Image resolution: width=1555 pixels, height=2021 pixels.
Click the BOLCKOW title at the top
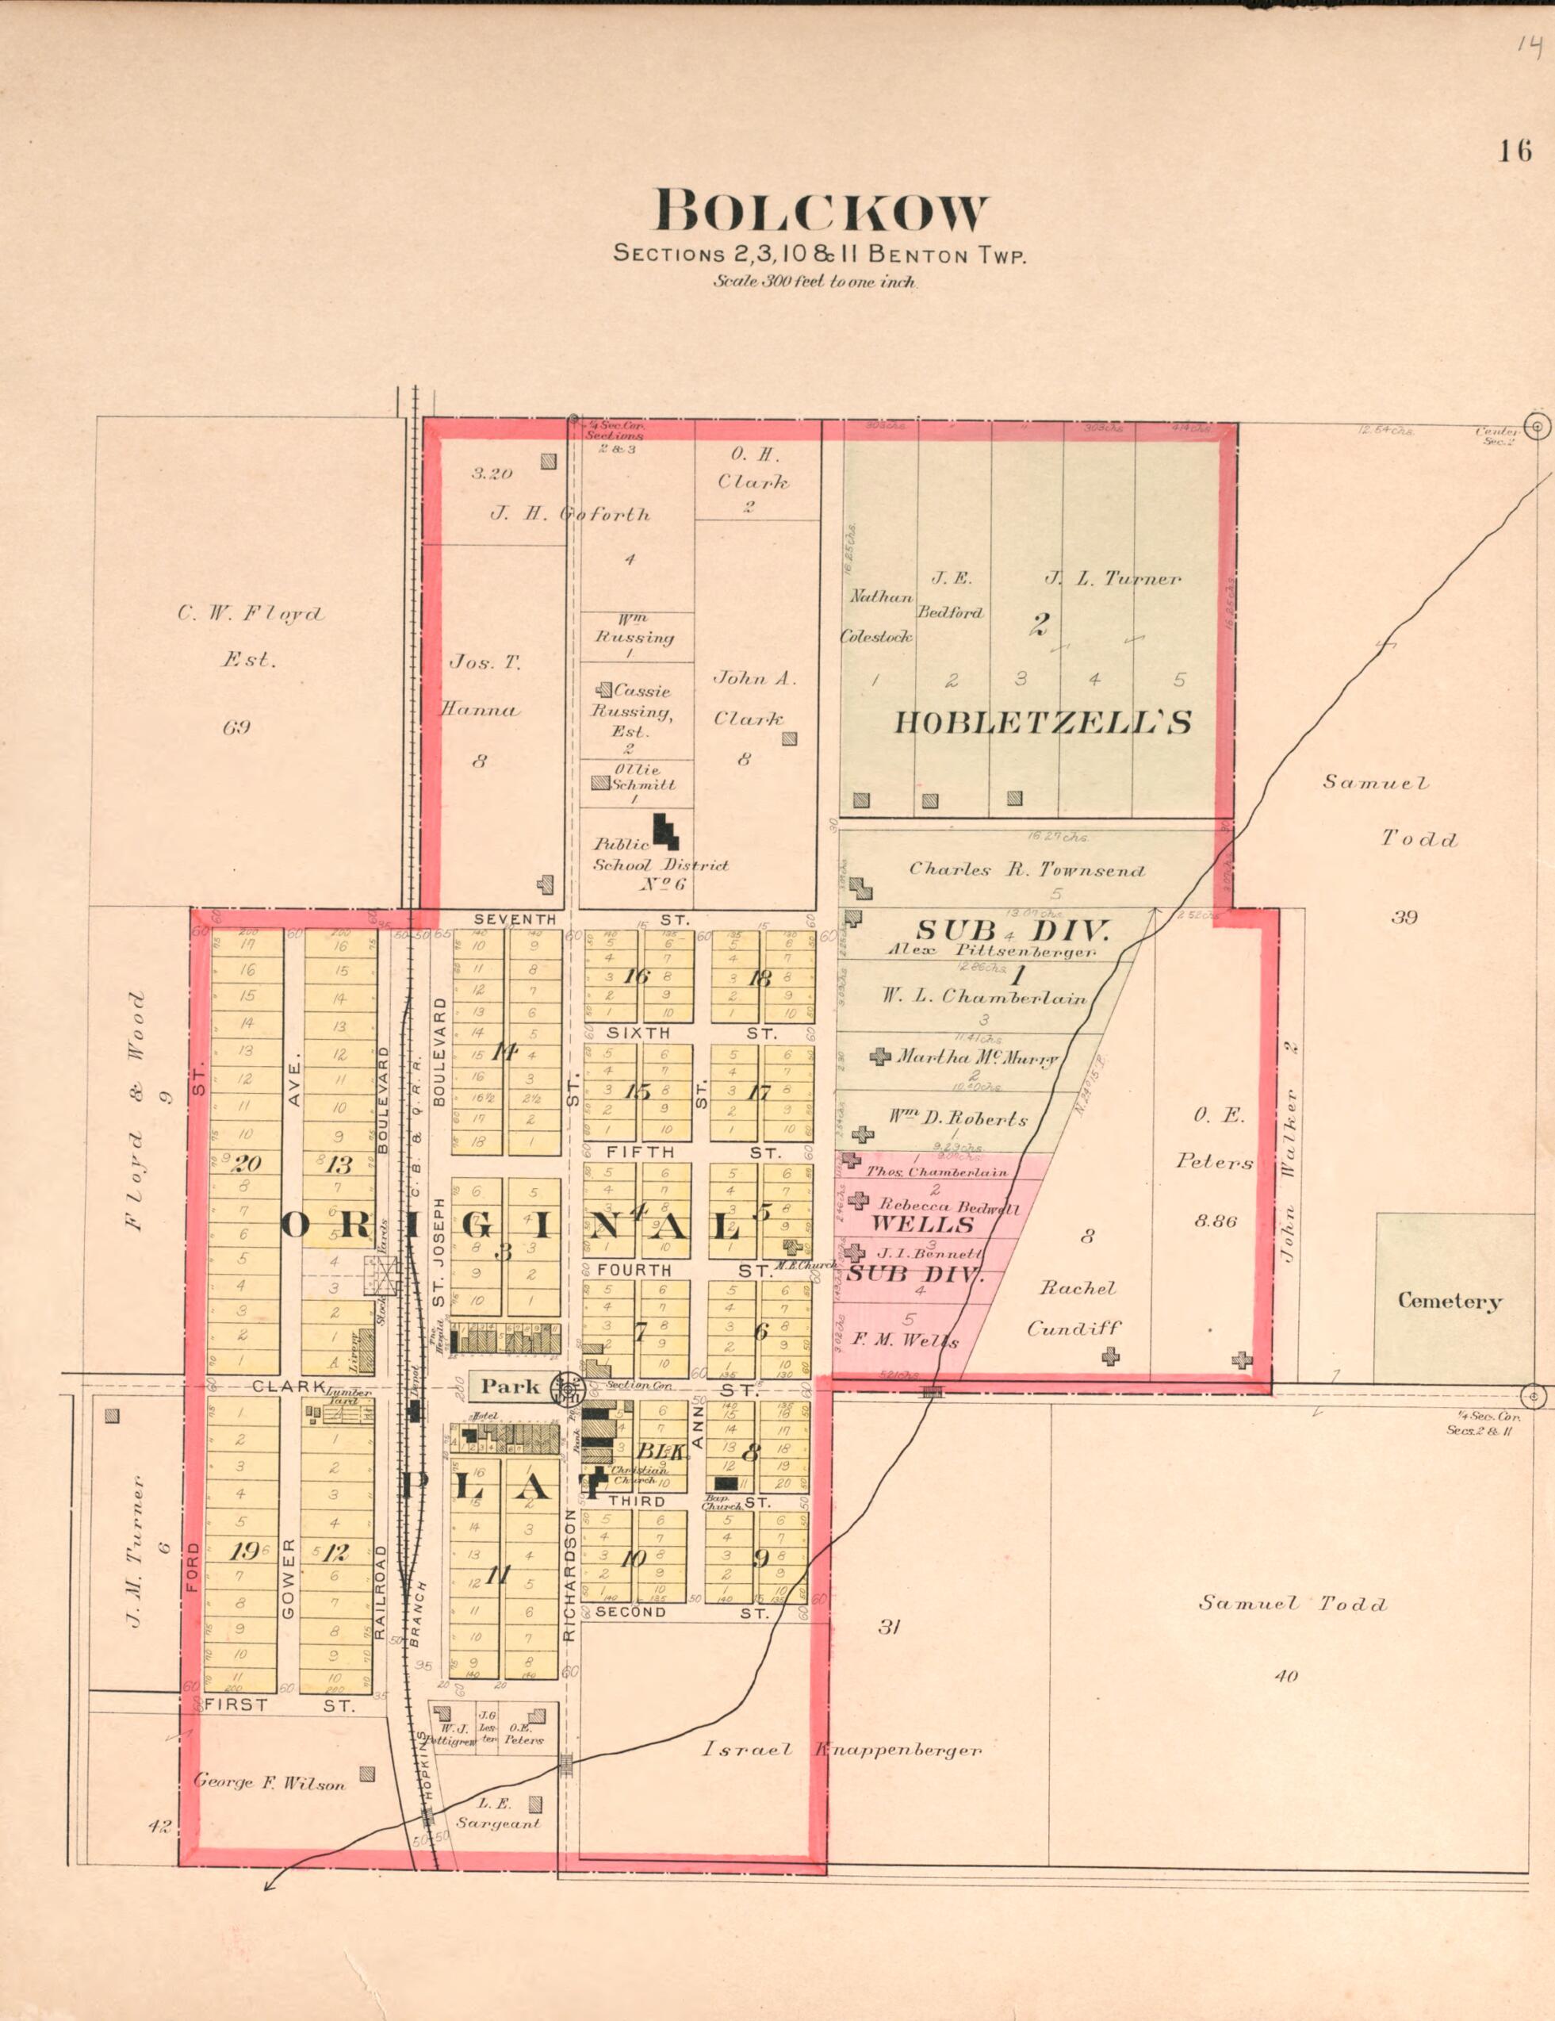821,212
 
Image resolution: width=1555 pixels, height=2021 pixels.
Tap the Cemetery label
1449,1301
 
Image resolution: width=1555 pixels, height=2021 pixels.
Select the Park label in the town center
510,1385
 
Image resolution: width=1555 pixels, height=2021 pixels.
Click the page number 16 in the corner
1515,150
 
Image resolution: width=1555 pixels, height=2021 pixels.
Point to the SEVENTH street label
515,918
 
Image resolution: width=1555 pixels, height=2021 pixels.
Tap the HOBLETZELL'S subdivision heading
1042,723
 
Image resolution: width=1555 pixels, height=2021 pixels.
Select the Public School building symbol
666,830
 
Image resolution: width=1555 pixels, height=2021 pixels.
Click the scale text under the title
814,282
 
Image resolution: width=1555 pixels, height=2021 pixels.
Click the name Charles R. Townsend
1027,870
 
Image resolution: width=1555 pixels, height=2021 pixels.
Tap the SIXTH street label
638,1033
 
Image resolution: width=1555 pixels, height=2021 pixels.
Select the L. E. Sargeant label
496,1813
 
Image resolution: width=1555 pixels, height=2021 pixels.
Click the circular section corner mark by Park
567,1388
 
